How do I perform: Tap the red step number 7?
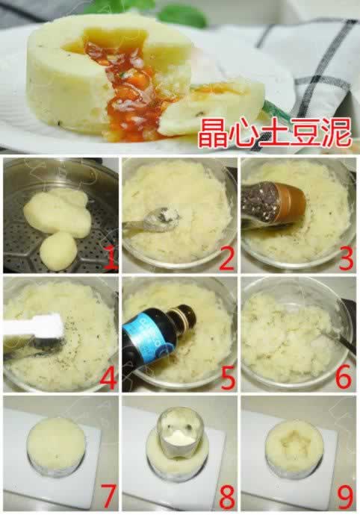tap(108, 496)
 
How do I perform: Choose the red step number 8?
tap(226, 496)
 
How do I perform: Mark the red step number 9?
tap(344, 496)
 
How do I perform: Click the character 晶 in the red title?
tap(212, 133)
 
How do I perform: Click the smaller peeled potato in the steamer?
tap(58, 251)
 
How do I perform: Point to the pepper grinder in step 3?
tap(273, 205)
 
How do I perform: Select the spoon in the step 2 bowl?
tap(151, 219)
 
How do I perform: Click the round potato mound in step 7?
tap(56, 442)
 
